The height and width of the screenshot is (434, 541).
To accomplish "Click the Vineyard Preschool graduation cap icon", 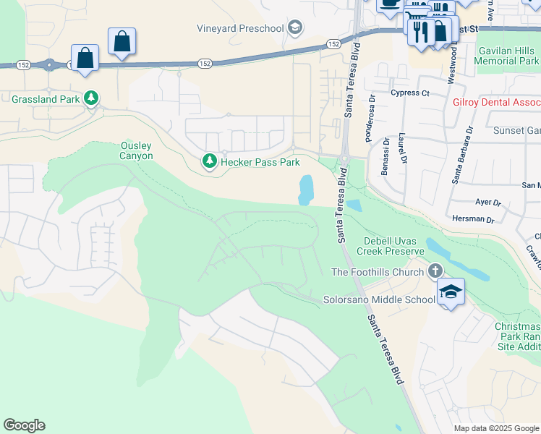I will pos(294,29).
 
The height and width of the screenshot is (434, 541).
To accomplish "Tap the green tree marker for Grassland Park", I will pos(91,98).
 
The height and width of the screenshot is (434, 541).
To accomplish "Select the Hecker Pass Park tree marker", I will pos(210,161).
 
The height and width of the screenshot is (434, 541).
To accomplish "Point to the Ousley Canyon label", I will pos(136,150).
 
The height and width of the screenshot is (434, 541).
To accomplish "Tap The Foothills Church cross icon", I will pos(435,271).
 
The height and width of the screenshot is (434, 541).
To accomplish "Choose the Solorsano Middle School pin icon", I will pos(451,292).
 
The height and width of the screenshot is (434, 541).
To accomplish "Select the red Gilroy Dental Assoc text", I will pos(496,103).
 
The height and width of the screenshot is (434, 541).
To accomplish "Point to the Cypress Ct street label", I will pos(409,93).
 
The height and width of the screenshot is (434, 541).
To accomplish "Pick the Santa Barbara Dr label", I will pos(461,155).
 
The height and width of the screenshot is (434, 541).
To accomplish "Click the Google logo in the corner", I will pos(25,425).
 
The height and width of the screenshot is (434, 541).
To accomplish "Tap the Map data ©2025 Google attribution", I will pos(495,428).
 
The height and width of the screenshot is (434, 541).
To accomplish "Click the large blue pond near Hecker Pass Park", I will pos(307,190).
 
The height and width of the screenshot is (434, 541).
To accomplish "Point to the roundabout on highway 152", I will pos(49,65).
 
